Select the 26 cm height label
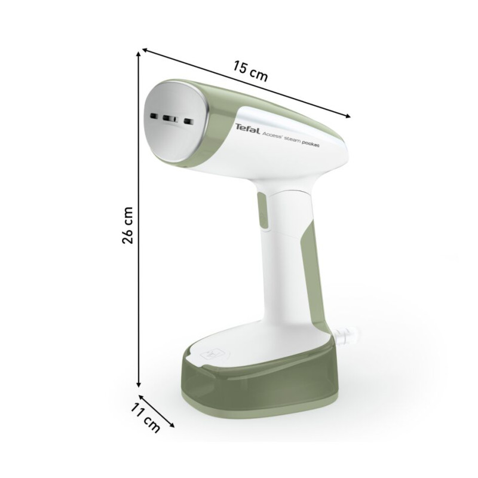[127, 225]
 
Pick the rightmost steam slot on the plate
[189, 122]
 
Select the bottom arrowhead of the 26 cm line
[139, 385]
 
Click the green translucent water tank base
[263, 382]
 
